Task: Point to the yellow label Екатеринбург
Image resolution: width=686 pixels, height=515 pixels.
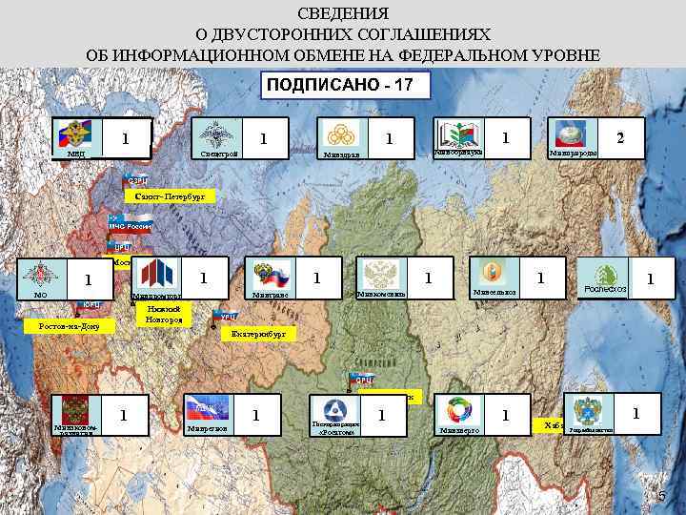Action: tap(257, 335)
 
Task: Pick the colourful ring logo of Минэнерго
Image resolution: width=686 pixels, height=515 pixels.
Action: tap(458, 412)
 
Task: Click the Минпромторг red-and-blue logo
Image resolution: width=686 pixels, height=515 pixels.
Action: tap(156, 275)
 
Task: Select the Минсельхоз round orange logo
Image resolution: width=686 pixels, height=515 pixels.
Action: tap(490, 271)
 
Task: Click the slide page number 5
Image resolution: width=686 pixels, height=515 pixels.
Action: tap(662, 497)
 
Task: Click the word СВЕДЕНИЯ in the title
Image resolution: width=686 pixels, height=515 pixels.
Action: tap(343, 14)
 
